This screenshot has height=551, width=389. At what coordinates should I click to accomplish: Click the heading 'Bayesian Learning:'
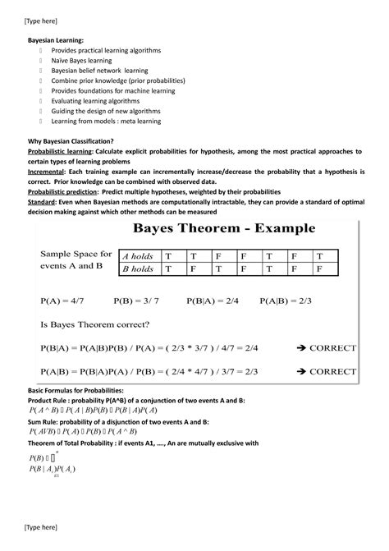point(56,39)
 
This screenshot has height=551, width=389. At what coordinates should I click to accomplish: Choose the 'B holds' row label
point(137,269)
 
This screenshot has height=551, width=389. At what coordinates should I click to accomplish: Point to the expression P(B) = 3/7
point(136,301)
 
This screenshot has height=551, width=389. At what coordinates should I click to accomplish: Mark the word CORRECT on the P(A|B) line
point(333,371)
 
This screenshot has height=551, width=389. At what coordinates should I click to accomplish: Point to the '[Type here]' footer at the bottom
point(40,526)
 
